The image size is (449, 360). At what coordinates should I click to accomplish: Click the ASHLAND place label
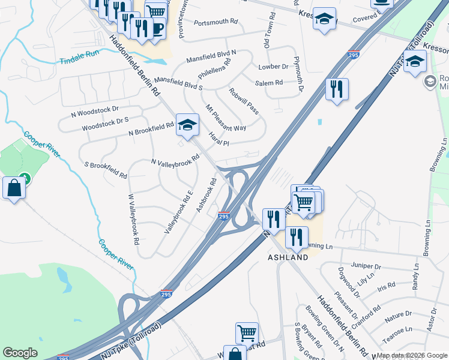[288, 257]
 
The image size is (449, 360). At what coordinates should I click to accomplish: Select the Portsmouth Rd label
[216, 22]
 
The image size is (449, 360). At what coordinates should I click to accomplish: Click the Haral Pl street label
[219, 139]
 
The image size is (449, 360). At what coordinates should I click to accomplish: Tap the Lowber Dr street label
[273, 67]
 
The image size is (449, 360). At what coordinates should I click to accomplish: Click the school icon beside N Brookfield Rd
[187, 125]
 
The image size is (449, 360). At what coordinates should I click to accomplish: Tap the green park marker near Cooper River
[24, 178]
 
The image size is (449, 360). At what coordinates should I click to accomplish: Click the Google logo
[20, 353]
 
